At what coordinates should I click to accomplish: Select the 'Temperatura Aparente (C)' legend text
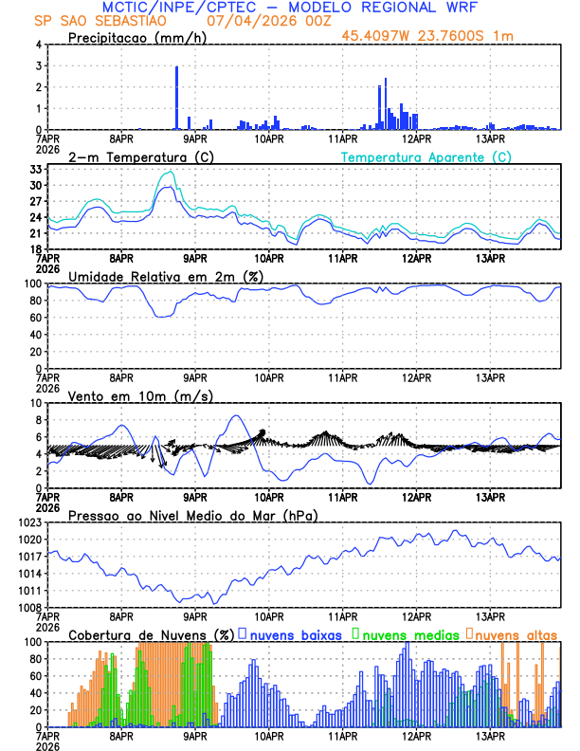pos(426,156)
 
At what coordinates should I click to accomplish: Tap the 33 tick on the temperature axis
pos(36,169)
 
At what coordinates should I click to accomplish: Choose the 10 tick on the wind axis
pos(35,403)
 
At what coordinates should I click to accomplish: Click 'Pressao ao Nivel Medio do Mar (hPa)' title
pos(192,515)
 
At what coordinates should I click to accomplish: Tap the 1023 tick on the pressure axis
pos(30,522)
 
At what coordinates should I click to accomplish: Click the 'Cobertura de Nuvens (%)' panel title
pos(151,633)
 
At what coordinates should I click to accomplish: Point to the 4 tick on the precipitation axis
pos(37,45)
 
